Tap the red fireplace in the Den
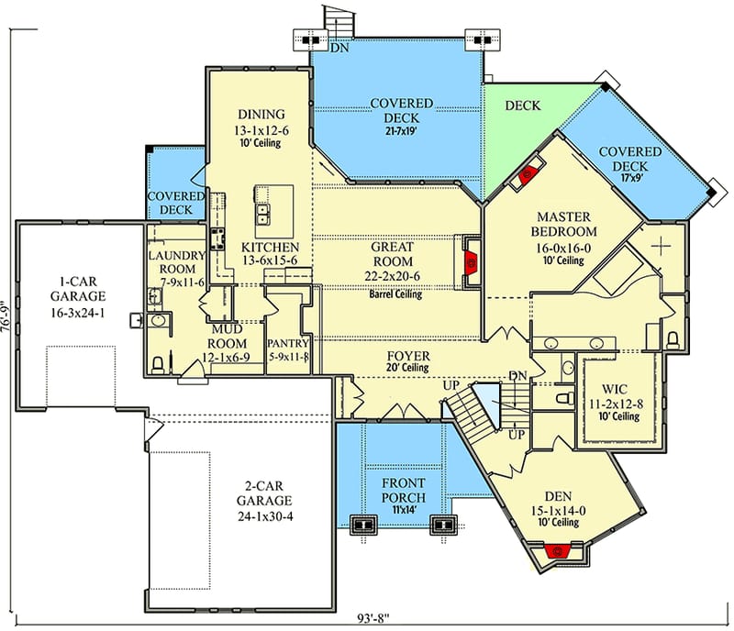point(555,550)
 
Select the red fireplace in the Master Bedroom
point(529,175)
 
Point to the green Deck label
point(522,105)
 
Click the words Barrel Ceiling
point(395,294)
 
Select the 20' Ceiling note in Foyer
point(408,369)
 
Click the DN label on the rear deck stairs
point(339,48)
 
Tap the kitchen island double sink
point(262,214)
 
